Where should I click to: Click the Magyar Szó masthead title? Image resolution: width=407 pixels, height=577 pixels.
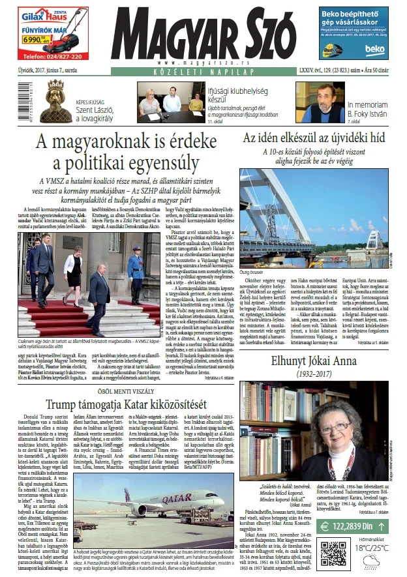202,35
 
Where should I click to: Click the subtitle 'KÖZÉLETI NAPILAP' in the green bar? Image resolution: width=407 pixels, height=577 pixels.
203,68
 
